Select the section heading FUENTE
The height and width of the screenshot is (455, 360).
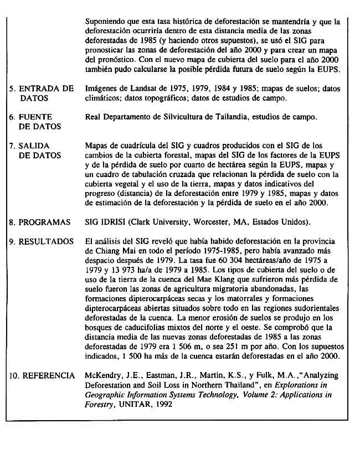tap(35, 117)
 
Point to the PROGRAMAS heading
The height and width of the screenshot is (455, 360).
tap(44, 223)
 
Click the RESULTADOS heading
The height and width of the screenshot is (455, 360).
tap(47, 242)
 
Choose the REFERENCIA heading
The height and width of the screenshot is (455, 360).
tap(48, 376)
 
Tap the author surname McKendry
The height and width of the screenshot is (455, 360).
tap(104, 376)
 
